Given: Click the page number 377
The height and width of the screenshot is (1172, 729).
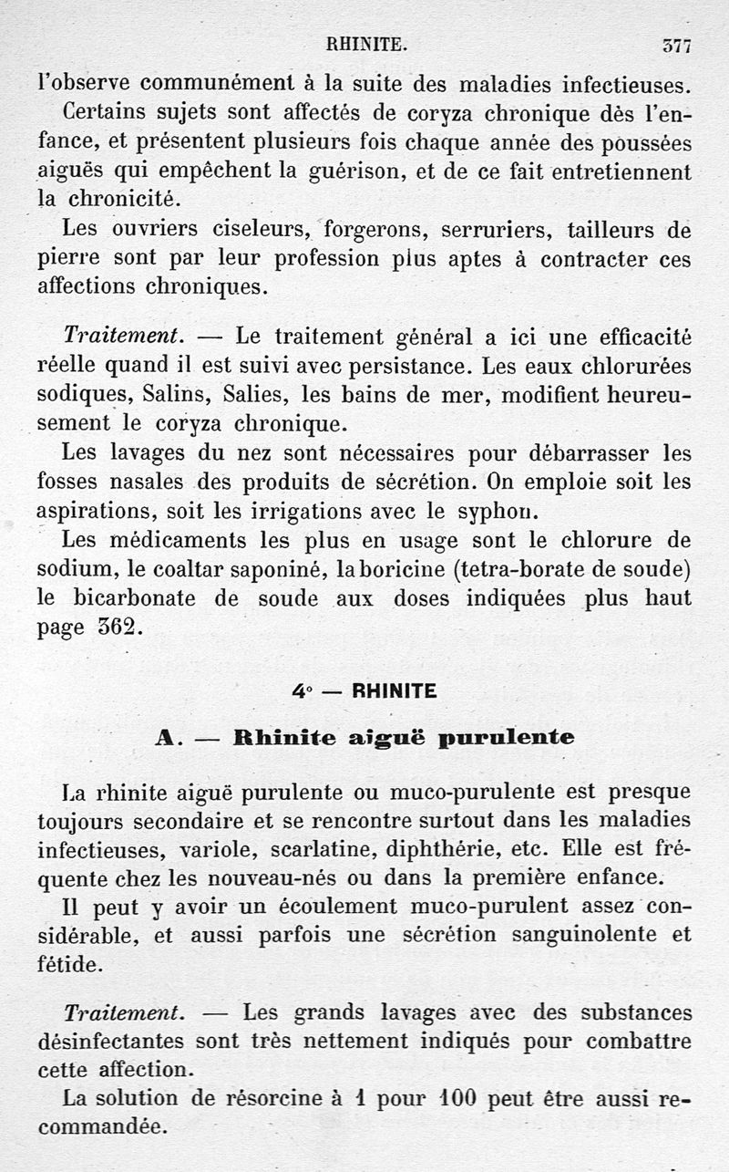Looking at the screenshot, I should pos(677,45).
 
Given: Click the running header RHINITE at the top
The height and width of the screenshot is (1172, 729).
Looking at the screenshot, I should pos(365,42).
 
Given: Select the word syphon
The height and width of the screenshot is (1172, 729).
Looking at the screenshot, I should pos(493,511).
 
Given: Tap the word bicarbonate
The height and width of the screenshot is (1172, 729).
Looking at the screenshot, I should pos(135,598).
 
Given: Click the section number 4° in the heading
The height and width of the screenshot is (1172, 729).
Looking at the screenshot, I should pos(302,692).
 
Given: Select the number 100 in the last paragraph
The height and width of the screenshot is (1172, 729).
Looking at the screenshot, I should pos(452,1099).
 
